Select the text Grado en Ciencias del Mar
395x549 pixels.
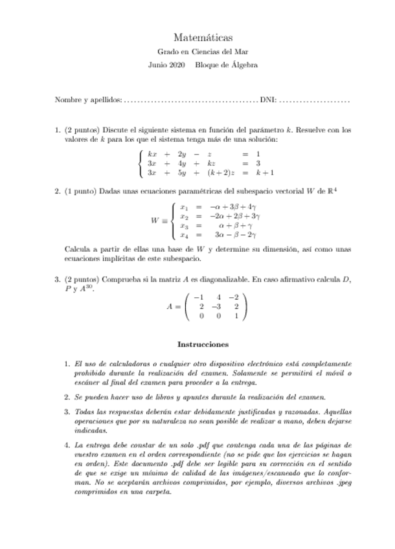pos(203,52)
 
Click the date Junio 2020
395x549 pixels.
pos(166,65)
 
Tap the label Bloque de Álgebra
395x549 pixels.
pos(227,65)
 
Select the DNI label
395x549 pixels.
pos(267,101)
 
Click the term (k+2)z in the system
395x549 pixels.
pos(219,174)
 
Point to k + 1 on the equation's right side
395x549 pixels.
pos(265,174)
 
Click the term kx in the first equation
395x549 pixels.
pos(152,154)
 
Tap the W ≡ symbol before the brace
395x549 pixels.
pos(157,220)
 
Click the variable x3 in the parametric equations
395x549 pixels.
pos(185,226)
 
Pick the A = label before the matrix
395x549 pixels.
pos(174,306)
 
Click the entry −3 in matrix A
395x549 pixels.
pos(220,306)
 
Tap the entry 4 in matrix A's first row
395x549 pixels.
pos(220,297)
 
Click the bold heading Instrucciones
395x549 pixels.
pos(203,344)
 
